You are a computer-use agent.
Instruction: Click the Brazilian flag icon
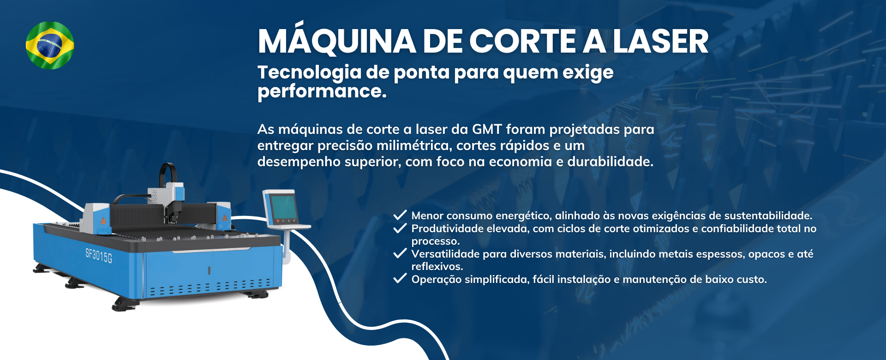(x=50, y=45)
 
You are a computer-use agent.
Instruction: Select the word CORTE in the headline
(x=523, y=42)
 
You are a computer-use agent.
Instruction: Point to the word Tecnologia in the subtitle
(x=309, y=73)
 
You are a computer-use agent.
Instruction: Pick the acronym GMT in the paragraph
(x=487, y=129)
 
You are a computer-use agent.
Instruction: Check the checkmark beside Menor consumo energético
(x=400, y=215)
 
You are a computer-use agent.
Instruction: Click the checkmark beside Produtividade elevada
(x=400, y=228)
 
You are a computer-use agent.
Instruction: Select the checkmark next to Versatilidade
(x=400, y=253)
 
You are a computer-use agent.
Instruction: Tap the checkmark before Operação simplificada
(x=400, y=279)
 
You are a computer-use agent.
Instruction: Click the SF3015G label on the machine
(x=99, y=255)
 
